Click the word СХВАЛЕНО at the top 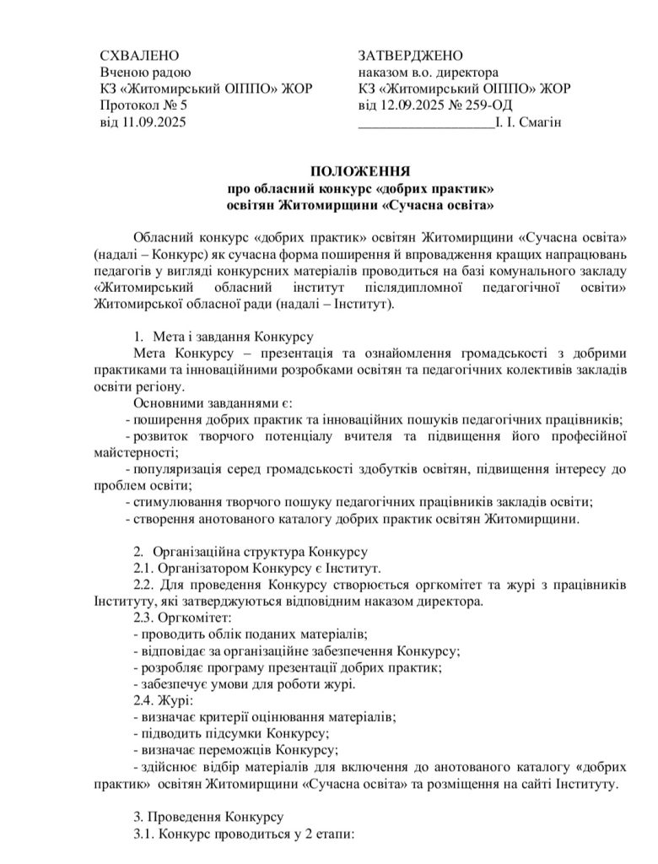click(x=139, y=56)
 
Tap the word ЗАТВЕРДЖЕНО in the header click(x=410, y=56)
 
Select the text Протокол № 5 click(x=143, y=105)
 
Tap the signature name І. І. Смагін click(x=529, y=122)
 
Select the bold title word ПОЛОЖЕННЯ click(x=359, y=171)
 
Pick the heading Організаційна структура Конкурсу click(x=259, y=553)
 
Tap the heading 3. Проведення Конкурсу click(x=210, y=817)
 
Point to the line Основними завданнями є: click(x=212, y=403)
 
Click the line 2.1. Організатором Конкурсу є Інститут click(x=257, y=569)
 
